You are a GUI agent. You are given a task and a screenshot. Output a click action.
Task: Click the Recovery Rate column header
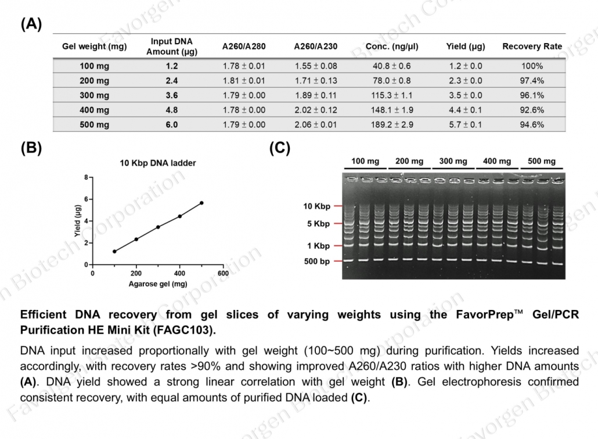[x=532, y=47]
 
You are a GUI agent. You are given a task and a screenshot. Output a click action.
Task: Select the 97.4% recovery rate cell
[x=532, y=81]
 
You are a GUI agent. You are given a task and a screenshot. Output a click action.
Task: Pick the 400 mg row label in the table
[x=94, y=110]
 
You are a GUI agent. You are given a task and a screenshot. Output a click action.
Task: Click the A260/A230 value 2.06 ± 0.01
[x=316, y=124]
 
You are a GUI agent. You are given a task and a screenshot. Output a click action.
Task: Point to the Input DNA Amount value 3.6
[x=171, y=95]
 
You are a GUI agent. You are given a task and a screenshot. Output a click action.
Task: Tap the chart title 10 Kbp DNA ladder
[x=158, y=163]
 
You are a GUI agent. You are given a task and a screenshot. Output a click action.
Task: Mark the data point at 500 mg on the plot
[x=201, y=203]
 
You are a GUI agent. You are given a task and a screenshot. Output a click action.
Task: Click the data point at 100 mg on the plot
[x=114, y=252]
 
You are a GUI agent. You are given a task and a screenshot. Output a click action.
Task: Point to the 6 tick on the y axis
[x=87, y=199]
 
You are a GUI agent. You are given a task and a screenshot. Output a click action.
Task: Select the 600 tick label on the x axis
[x=223, y=273]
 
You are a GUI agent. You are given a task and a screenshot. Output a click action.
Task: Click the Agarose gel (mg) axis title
[x=157, y=284]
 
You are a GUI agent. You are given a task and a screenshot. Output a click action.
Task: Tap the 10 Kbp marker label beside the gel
[x=316, y=206]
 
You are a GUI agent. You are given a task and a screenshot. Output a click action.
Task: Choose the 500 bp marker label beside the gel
[x=316, y=262]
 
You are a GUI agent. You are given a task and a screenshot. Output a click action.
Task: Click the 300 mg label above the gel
[x=453, y=161]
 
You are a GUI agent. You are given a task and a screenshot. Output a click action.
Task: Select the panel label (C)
[x=280, y=148]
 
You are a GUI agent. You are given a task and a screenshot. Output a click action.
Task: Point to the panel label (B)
[x=31, y=148]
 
